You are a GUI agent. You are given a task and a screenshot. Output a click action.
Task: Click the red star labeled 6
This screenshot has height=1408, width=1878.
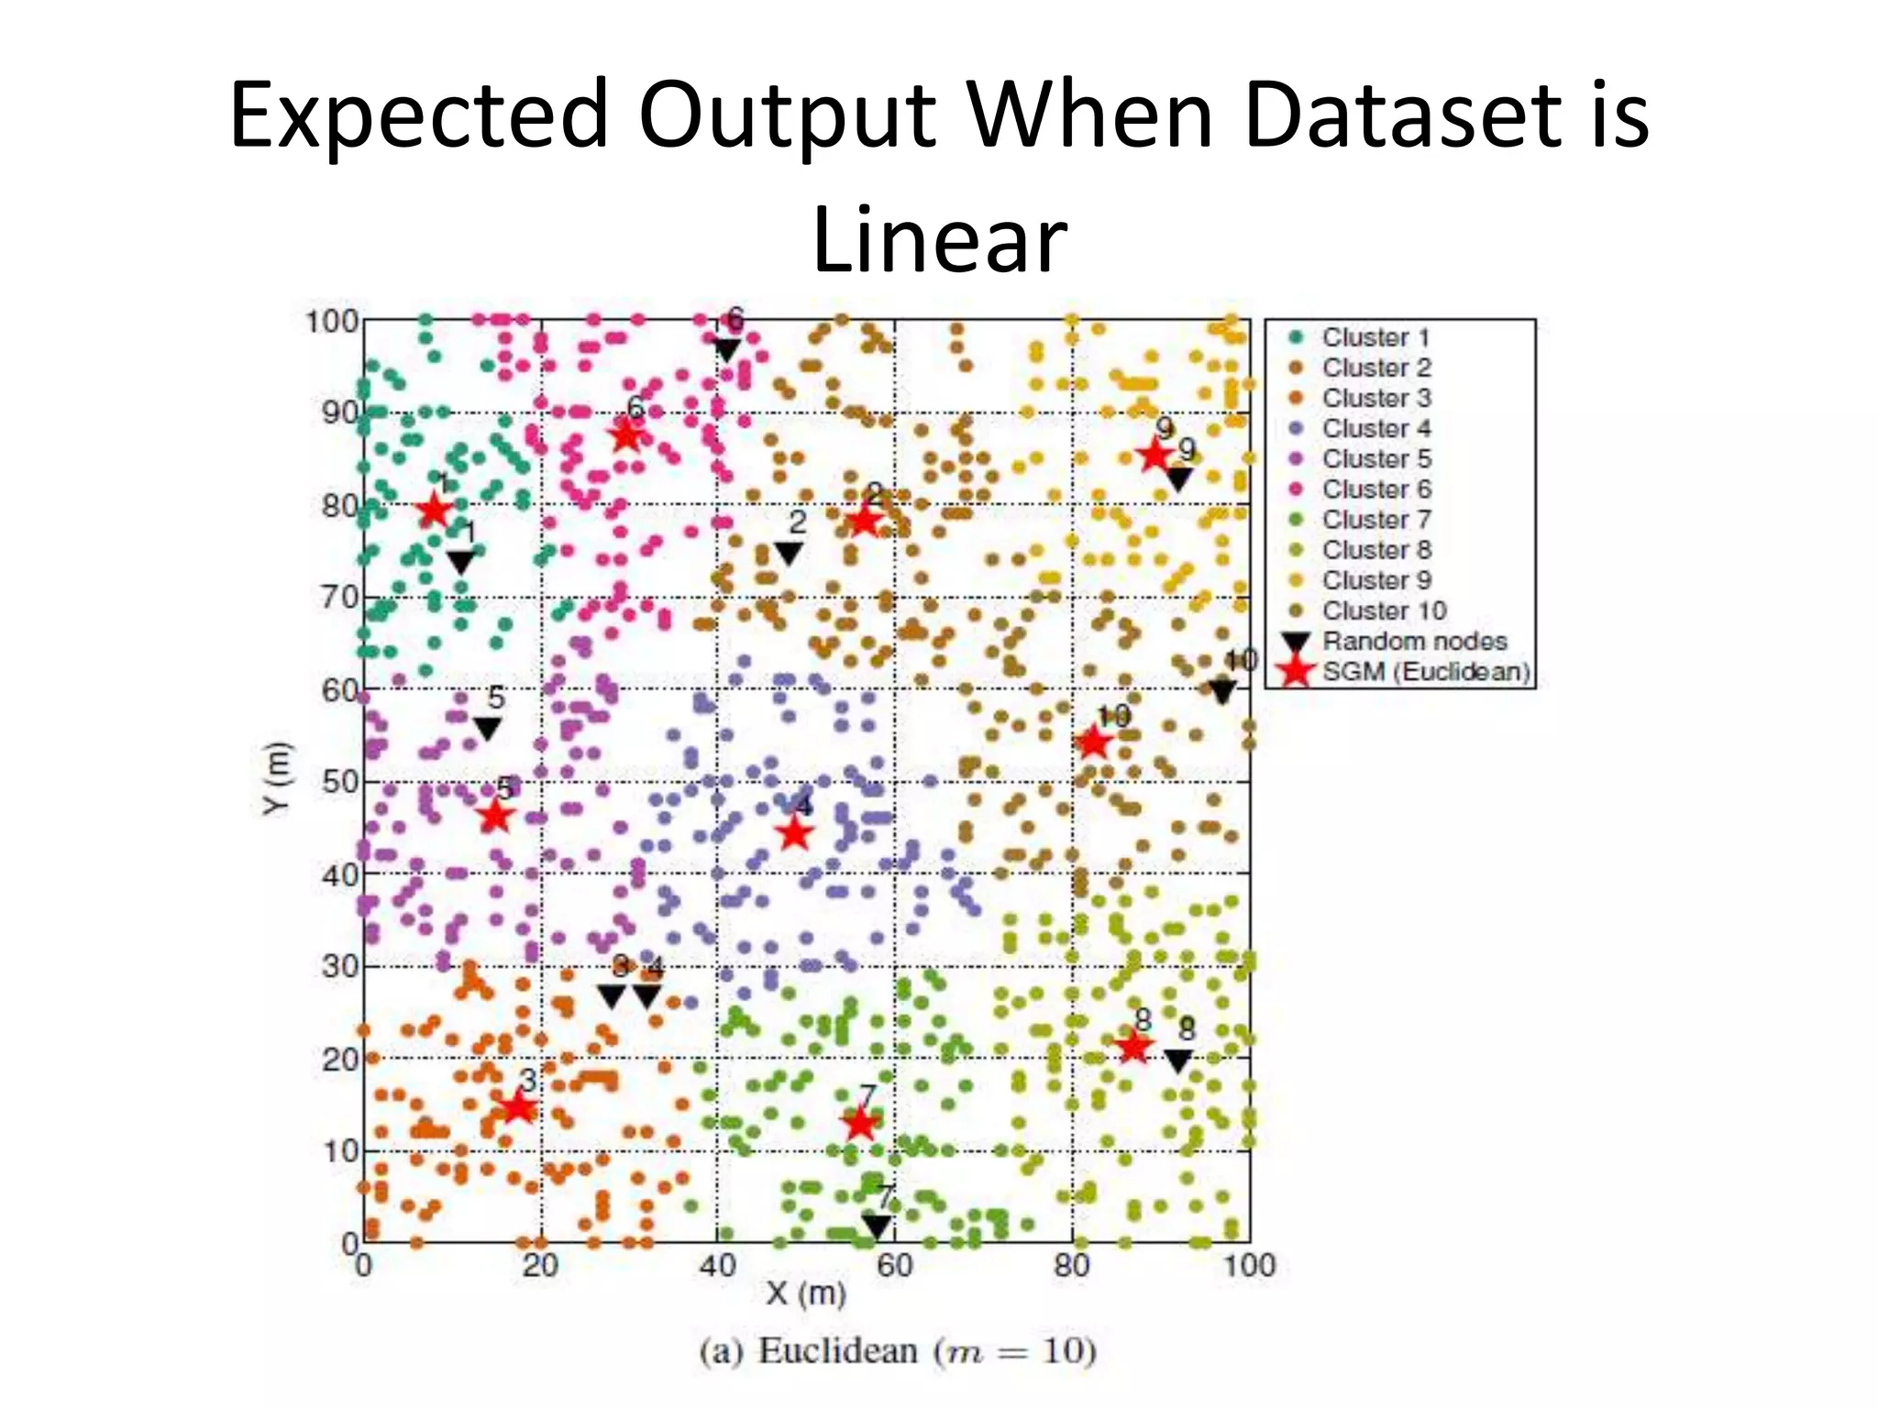pyautogui.click(x=626, y=434)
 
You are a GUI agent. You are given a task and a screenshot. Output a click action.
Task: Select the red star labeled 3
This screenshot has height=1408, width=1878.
pyautogui.click(x=518, y=1107)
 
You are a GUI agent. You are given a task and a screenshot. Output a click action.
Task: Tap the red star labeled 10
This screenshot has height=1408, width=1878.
pyautogui.click(x=1092, y=742)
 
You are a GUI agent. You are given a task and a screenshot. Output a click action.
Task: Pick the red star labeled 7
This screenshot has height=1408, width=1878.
pyautogui.click(x=860, y=1123)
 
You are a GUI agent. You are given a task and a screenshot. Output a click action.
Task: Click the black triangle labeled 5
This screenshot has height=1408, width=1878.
pyautogui.click(x=487, y=729)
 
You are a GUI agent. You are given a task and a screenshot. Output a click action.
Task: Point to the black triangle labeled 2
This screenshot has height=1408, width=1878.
pyautogui.click(x=789, y=553)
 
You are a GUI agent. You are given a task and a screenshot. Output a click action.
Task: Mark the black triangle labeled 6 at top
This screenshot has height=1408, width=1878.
pyautogui.click(x=726, y=349)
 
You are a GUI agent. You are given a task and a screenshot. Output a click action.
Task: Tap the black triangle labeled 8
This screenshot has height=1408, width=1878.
pyautogui.click(x=1178, y=1061)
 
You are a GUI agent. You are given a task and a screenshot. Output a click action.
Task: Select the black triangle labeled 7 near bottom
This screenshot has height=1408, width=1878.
pyautogui.click(x=877, y=1226)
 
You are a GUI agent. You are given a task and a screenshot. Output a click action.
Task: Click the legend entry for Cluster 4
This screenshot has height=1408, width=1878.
pyautogui.click(x=1375, y=428)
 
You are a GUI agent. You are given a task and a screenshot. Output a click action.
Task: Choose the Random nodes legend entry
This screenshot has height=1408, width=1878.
pyautogui.click(x=1413, y=641)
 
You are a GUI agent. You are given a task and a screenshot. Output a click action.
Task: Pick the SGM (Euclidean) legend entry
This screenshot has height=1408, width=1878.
pyautogui.click(x=1425, y=672)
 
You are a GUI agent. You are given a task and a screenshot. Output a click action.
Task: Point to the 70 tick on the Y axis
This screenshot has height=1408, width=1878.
pyautogui.click(x=339, y=598)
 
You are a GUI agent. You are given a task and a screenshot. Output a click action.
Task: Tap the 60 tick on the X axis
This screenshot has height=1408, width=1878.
pyautogui.click(x=894, y=1266)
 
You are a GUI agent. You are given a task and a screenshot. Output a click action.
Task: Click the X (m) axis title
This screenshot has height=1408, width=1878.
pyautogui.click(x=806, y=1293)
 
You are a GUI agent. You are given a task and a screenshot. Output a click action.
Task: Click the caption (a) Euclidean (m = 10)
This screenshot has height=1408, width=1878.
pyautogui.click(x=898, y=1351)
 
